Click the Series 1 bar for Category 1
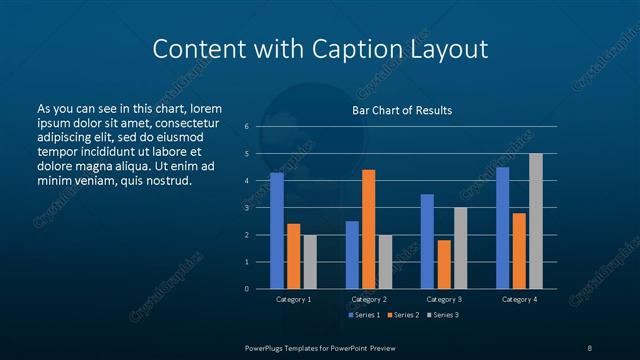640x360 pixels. point(277,231)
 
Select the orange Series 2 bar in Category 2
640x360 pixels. point(369,229)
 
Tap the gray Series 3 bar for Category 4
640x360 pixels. point(536,221)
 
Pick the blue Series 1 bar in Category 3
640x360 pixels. point(427,241)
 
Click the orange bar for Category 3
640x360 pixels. point(444,264)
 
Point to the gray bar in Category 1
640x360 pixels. point(310,262)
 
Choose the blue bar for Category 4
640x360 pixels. point(502,228)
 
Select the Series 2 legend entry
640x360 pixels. point(401,315)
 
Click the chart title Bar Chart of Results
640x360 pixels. point(402,110)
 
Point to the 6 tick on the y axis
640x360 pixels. point(246,127)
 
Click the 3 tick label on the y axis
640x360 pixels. point(246,208)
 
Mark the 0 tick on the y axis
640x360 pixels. point(246,289)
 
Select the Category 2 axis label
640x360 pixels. point(369,299)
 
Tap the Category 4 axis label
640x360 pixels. point(519,299)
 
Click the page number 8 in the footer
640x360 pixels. point(589,347)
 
